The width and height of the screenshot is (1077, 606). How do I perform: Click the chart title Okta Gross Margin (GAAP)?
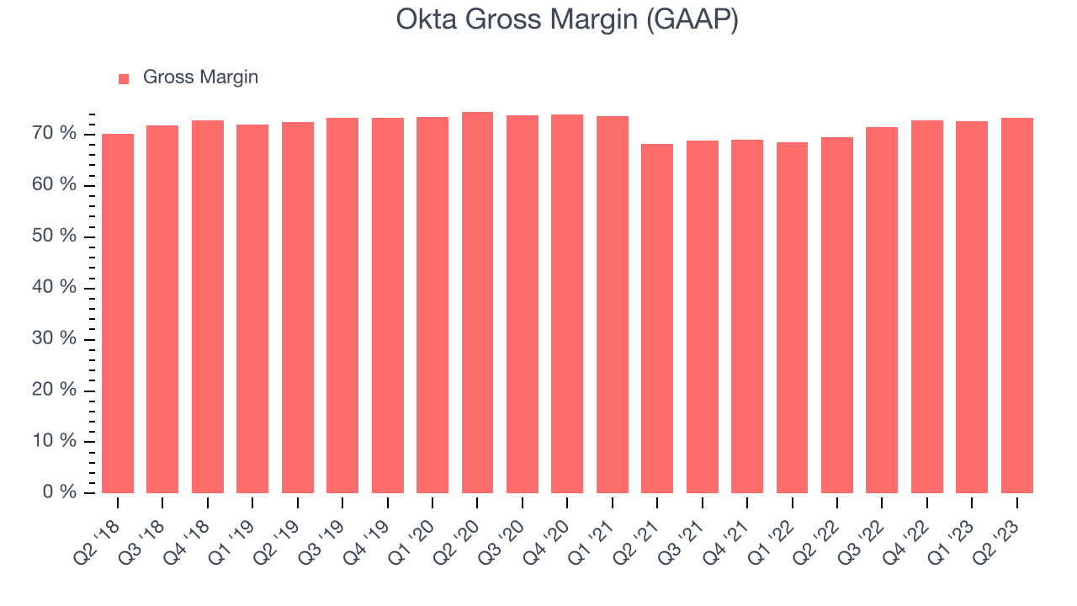[567, 19]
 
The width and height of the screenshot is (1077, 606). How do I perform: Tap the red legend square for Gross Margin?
[124, 79]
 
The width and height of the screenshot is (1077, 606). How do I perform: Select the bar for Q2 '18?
[118, 313]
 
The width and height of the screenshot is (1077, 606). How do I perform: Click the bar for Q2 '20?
[477, 302]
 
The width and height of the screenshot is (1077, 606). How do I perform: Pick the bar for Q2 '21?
[657, 318]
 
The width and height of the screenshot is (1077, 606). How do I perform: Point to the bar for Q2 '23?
[1017, 306]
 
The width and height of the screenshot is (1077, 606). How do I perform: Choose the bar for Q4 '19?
[388, 306]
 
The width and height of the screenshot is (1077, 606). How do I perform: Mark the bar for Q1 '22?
[793, 317]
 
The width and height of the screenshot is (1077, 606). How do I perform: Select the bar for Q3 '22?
[882, 311]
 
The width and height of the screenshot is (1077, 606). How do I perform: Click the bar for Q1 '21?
[613, 305]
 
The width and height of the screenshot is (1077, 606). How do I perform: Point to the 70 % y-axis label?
[55, 133]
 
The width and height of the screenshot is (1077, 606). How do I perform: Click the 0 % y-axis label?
[60, 492]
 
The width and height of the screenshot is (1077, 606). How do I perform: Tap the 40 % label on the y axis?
[55, 287]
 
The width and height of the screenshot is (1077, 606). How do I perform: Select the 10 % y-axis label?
[55, 440]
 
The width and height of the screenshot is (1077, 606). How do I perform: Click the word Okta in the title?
[427, 19]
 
